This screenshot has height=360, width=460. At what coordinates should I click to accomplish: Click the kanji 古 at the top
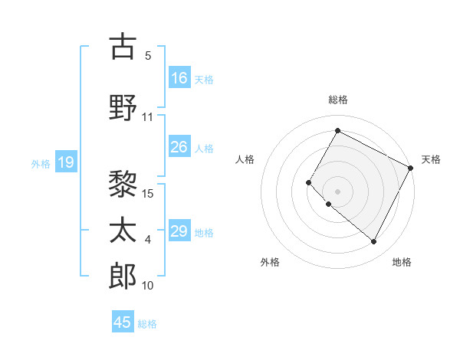pos(123,47)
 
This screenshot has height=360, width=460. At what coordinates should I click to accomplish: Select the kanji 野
pos(123,106)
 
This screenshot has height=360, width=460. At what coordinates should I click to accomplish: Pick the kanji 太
pos(123,229)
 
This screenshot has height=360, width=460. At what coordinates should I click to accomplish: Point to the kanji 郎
pos(123,275)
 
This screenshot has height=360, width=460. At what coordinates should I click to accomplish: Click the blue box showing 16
pos(179,78)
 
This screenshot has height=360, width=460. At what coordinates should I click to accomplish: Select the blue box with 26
pos(179,147)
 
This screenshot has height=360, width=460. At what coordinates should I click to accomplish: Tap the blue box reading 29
pos(179,231)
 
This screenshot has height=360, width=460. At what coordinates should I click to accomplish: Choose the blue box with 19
pos(66,162)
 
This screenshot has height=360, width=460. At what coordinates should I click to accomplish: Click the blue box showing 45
pos(123,322)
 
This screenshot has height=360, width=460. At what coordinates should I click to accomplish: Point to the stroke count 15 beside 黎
pos(149,193)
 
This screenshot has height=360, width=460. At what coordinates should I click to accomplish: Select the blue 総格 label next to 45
pos(147,324)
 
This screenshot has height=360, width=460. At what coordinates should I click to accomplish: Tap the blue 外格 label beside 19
pos(41,163)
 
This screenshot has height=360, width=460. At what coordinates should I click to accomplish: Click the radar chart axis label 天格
pos(431,159)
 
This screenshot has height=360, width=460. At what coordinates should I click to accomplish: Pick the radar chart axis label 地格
pos(402,262)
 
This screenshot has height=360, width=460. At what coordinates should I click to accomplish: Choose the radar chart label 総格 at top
pos(337,100)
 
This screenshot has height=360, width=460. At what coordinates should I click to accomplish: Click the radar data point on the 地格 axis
pos(374,242)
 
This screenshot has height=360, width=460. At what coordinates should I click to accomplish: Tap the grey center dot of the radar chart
pos(337,191)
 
